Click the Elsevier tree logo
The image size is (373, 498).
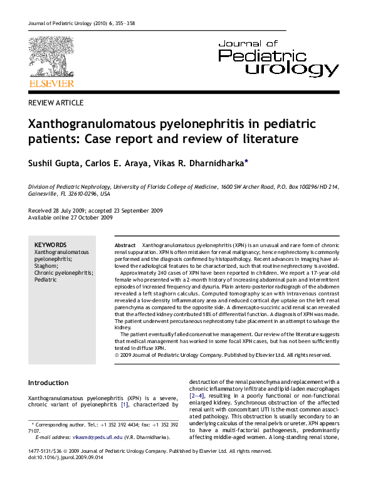click(51, 56)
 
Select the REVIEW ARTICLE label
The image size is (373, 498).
click(56, 103)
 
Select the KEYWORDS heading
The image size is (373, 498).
click(50, 245)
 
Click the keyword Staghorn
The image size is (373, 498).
click(47, 266)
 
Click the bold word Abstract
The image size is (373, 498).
click(126, 245)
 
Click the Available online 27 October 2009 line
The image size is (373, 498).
click(71, 218)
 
